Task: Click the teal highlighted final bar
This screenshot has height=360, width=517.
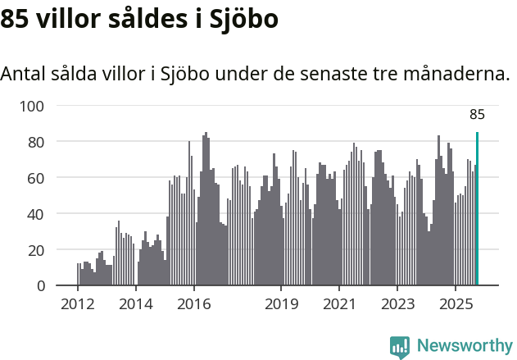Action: coord(477,209)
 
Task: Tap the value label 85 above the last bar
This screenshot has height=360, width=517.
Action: coord(477,115)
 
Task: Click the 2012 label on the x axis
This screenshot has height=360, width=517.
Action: coord(78,305)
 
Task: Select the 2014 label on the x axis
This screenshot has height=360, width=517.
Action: coord(136,305)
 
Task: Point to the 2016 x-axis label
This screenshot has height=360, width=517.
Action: coord(193,305)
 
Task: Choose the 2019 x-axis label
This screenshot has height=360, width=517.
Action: coord(281,305)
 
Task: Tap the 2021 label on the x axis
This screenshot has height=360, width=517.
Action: coord(338,305)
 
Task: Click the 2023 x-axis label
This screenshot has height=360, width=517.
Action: coord(397,305)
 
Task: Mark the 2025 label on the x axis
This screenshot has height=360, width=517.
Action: coord(455,305)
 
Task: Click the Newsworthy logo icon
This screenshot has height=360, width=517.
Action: coord(400,347)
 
